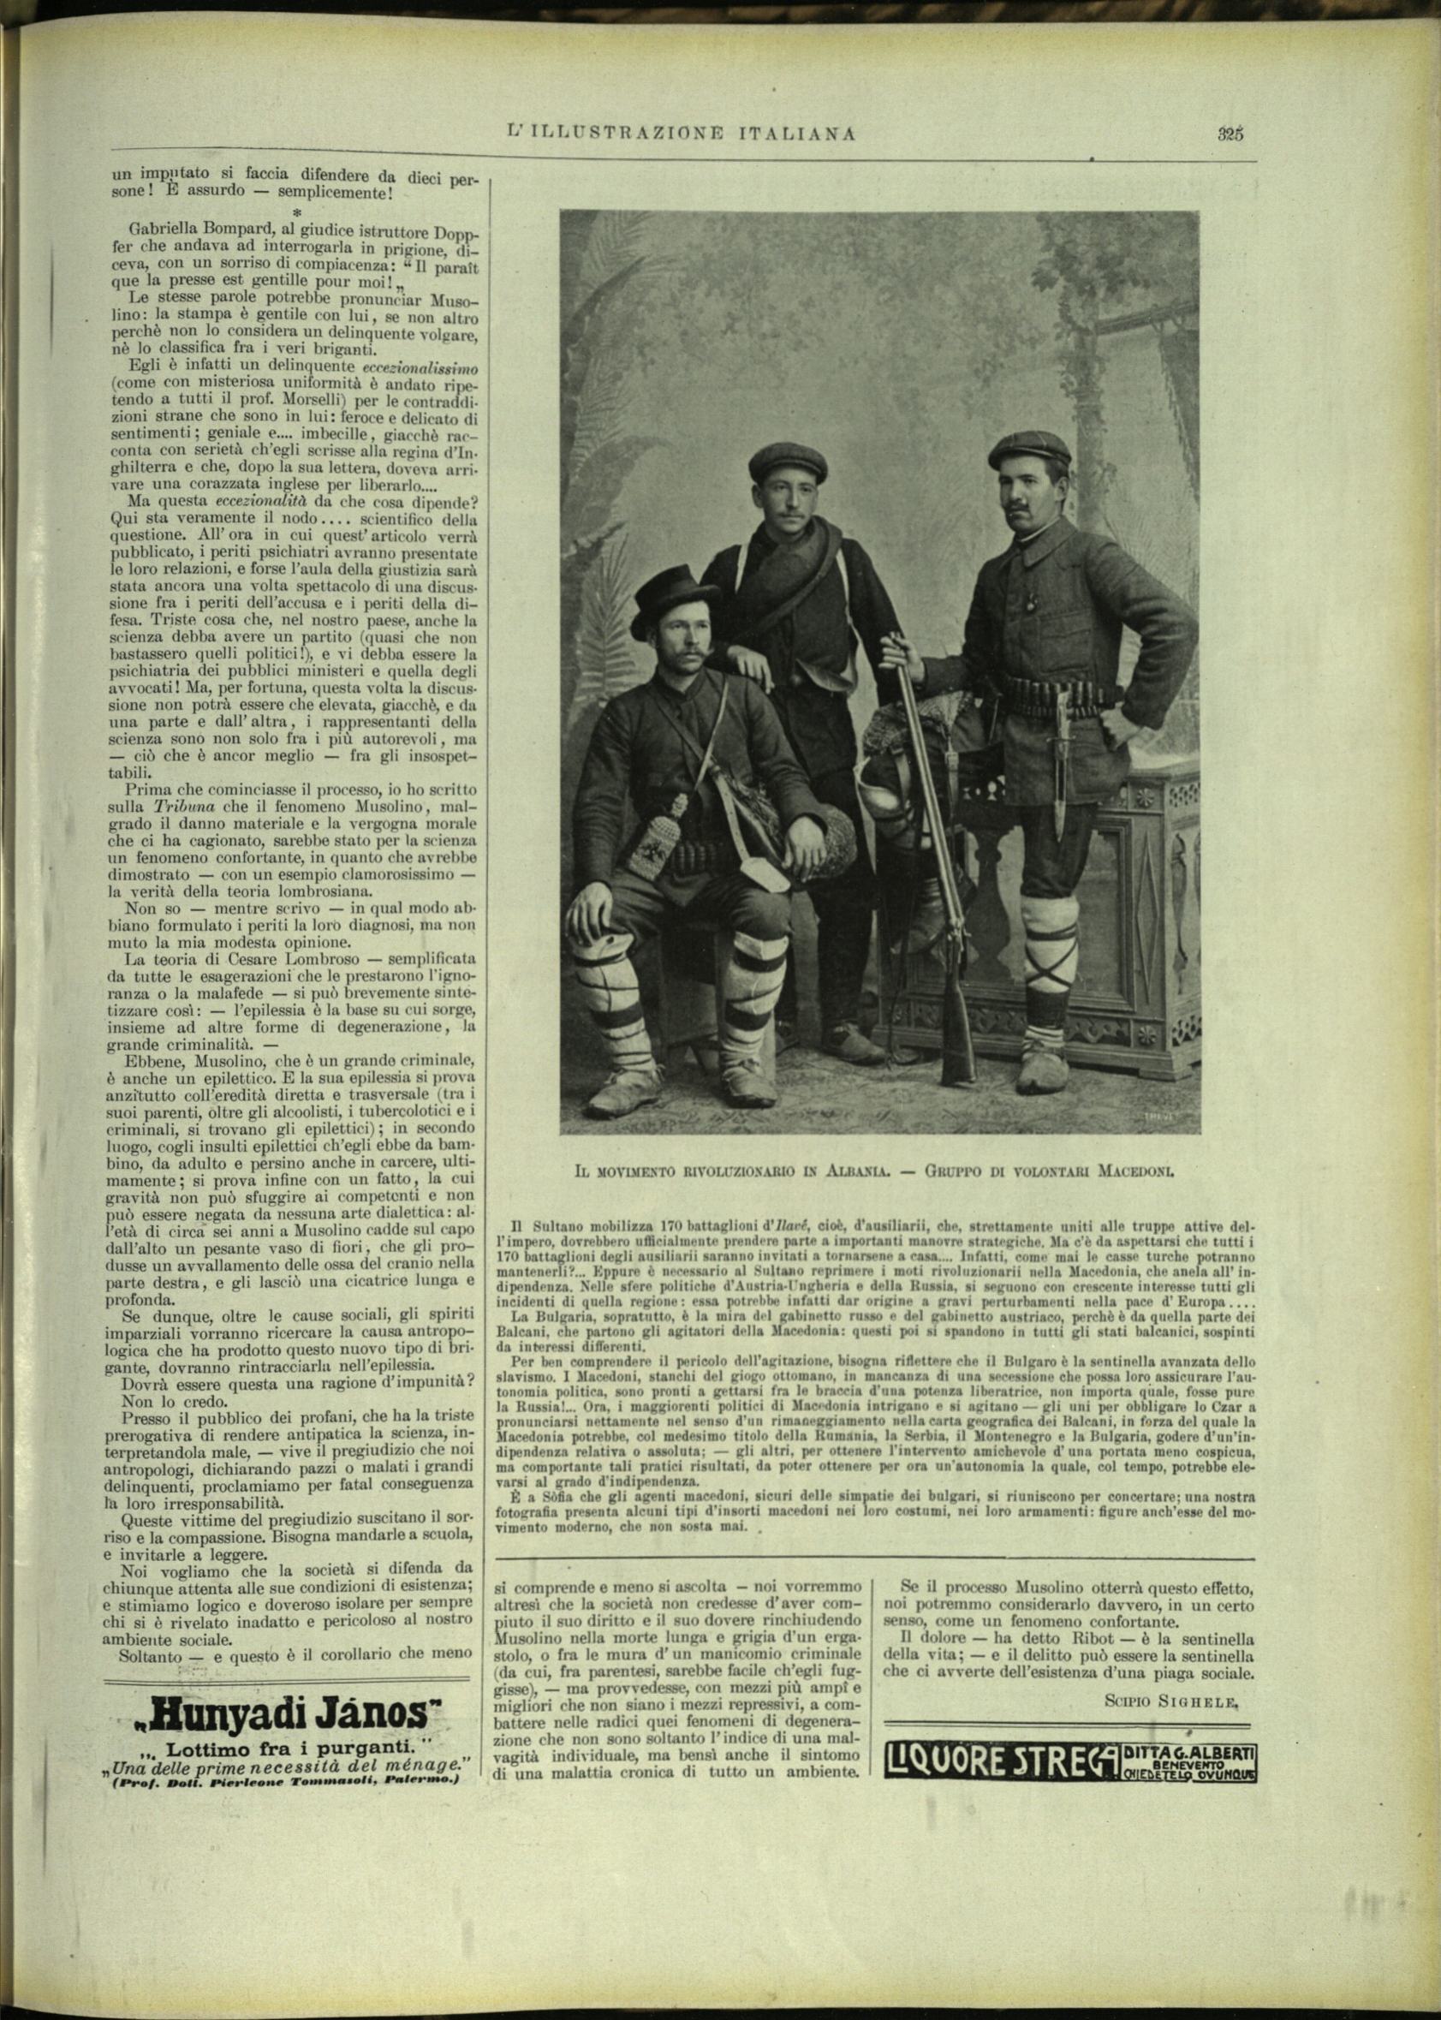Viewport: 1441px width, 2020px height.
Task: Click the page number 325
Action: (x=1230, y=134)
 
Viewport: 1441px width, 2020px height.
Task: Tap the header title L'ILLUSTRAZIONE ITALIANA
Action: (x=681, y=134)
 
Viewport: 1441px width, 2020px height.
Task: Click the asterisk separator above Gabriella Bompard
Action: (x=297, y=215)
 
